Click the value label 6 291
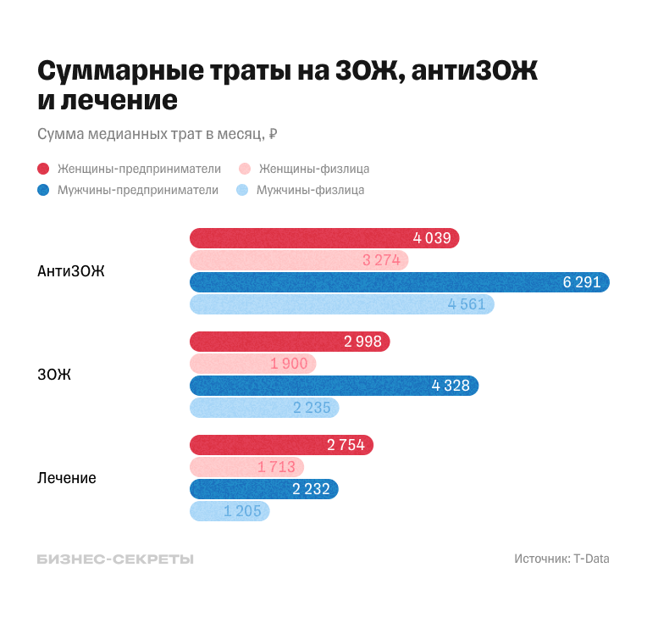click(x=582, y=282)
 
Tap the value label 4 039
click(x=432, y=238)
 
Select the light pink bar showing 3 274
click(x=298, y=260)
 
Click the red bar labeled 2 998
click(x=289, y=342)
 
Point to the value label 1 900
click(x=289, y=364)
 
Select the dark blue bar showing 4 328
click(x=334, y=386)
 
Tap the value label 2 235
click(x=312, y=408)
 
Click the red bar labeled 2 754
click(x=281, y=445)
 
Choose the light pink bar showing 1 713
click(x=246, y=467)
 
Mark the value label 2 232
click(x=311, y=489)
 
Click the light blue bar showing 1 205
click(x=229, y=511)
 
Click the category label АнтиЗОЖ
click(x=71, y=271)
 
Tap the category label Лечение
click(x=67, y=478)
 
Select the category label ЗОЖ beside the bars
click(x=54, y=375)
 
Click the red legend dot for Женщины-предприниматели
click(x=43, y=169)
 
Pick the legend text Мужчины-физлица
click(x=310, y=190)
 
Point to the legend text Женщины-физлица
click(x=314, y=169)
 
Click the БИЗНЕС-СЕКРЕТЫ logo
click(x=115, y=559)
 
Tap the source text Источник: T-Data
click(x=561, y=559)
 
